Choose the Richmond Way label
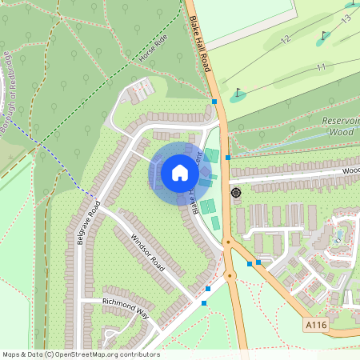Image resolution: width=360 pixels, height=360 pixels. [126, 307]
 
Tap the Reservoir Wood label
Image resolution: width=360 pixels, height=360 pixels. [342, 125]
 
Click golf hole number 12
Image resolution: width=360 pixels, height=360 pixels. [286, 38]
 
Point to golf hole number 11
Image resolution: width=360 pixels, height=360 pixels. [320, 67]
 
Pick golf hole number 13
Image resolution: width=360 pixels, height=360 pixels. [346, 18]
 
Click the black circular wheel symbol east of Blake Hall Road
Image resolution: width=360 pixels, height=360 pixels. [236, 193]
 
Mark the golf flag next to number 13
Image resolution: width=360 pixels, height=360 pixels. [324, 35]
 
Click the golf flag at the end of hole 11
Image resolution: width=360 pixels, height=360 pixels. [238, 94]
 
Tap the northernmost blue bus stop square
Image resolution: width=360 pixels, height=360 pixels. [214, 102]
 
